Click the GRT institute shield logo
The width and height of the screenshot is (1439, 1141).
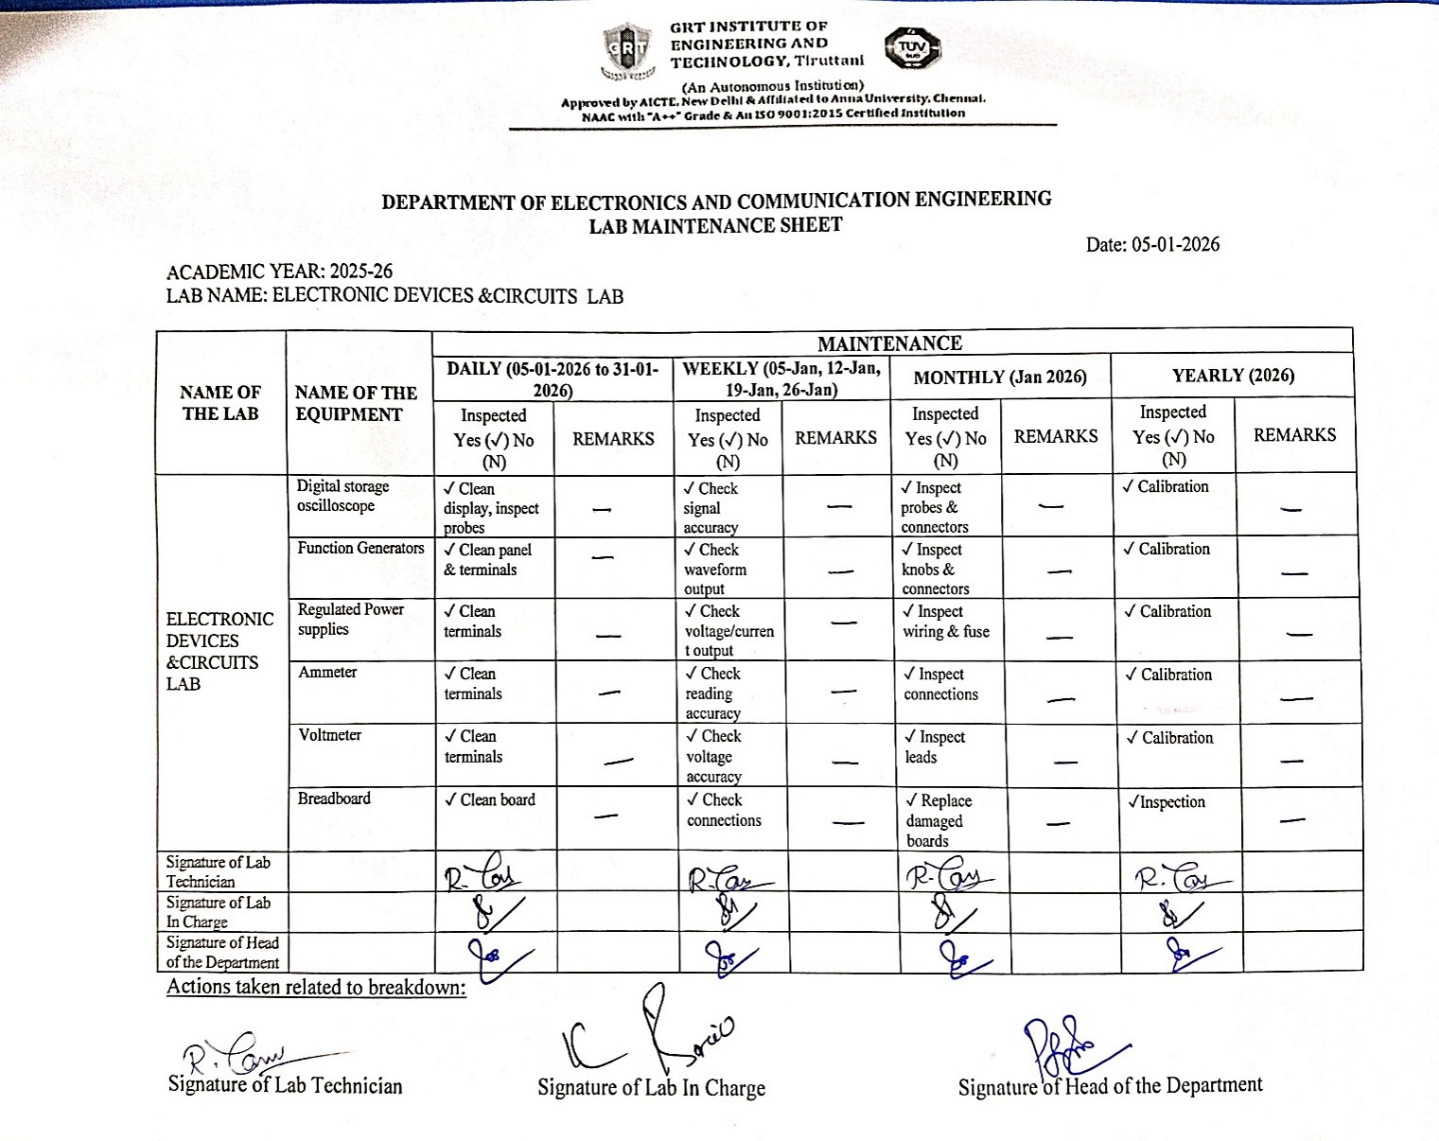point(627,50)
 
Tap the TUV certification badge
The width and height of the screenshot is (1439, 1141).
point(912,48)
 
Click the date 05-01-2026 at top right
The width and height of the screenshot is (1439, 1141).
point(1152,245)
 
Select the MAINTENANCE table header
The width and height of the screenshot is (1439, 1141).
point(889,343)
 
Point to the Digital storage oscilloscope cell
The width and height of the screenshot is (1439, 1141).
point(342,496)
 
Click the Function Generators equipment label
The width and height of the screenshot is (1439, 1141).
point(360,549)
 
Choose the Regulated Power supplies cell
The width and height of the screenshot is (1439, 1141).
point(350,620)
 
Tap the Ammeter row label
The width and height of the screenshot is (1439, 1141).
point(327,673)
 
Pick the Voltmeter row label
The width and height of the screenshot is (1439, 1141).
point(329,735)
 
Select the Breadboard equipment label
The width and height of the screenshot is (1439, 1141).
point(334,799)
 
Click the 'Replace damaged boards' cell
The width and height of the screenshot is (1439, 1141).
point(939,820)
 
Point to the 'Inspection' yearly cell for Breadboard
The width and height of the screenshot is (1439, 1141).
point(1167,802)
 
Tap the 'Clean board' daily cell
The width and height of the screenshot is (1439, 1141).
point(490,800)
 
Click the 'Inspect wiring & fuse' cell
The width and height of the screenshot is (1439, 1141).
point(946,622)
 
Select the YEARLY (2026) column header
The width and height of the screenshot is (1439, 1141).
point(1233,376)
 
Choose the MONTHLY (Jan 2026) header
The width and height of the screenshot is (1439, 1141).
point(1000,377)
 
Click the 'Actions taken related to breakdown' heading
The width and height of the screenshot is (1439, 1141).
point(316,987)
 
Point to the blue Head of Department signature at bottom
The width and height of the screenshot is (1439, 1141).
point(1069,1045)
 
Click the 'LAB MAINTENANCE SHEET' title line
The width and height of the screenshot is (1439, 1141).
point(715,226)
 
